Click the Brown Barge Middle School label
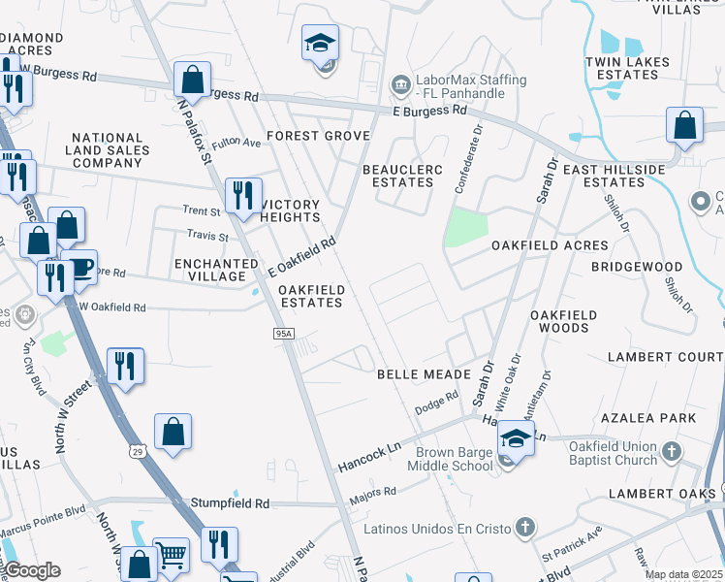455,459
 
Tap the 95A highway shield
282,334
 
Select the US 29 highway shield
138,451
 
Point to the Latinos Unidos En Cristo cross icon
525,528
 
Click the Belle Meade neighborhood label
424,373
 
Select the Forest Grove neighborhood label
319,136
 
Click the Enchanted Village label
216,270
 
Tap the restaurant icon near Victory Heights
242,194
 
